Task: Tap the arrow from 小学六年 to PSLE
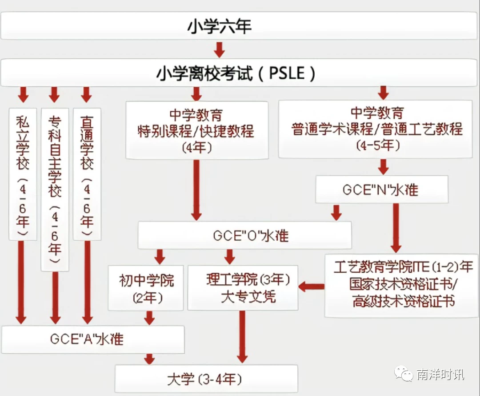219,50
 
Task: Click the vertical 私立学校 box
23,174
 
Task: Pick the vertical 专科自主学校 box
55,190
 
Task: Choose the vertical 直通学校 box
87,174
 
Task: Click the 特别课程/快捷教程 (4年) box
197,130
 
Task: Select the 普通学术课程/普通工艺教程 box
375,129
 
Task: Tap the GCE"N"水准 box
382,189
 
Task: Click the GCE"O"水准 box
244,235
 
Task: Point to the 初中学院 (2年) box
146,288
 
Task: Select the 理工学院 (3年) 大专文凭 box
243,288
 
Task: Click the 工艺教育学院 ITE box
402,285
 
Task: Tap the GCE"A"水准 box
93,339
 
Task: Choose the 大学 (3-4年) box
206,379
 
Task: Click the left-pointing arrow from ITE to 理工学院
311,287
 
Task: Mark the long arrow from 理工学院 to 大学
242,336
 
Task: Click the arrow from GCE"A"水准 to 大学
149,359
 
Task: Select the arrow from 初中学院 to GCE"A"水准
149,318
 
